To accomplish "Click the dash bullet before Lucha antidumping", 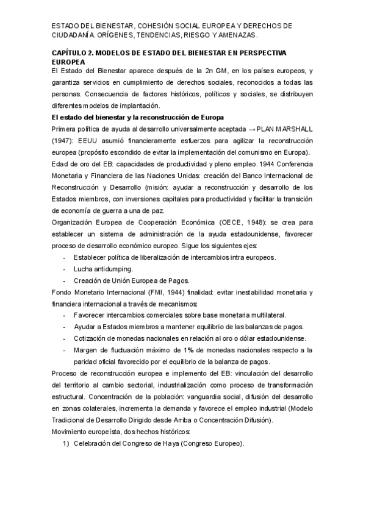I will click(65, 269).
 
